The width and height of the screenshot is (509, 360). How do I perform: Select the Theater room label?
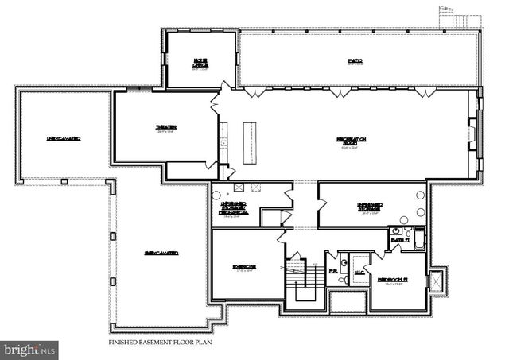pyautogui.click(x=165, y=128)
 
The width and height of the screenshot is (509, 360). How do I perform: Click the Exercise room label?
pyautogui.click(x=245, y=268)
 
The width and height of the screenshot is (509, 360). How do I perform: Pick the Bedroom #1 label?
pyautogui.click(x=393, y=280)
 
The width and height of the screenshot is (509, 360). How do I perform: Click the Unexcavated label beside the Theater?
pyautogui.click(x=64, y=139)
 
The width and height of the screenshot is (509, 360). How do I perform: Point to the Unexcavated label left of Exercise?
pyautogui.click(x=161, y=253)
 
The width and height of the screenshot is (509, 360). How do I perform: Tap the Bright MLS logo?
pyautogui.click(x=30, y=348)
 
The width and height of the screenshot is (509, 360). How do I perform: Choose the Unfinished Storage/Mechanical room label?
pyautogui.click(x=234, y=208)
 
